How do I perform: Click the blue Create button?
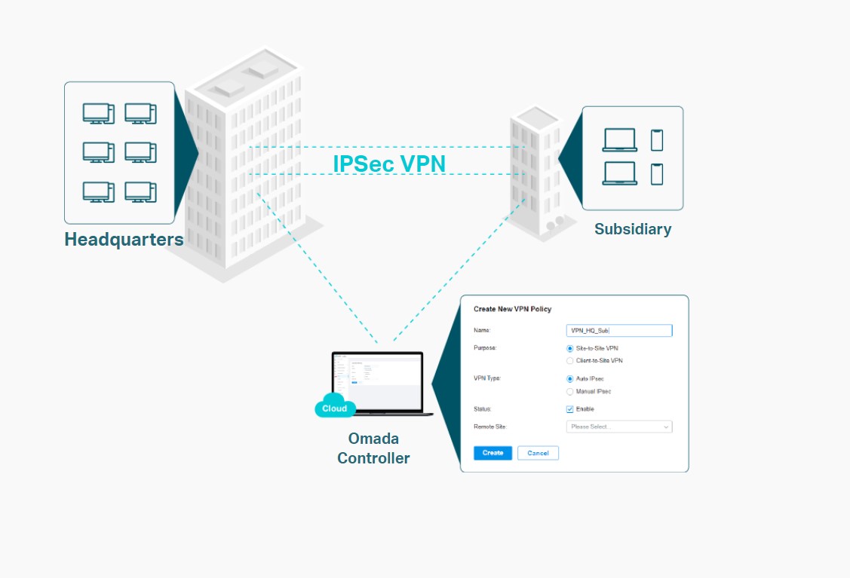pos(493,453)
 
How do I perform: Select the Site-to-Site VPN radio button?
pos(570,348)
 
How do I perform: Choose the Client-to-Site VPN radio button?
pos(570,361)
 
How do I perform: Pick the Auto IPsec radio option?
pos(570,378)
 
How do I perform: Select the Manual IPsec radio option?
pos(570,392)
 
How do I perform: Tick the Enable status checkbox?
pos(570,409)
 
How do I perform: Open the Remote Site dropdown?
pos(618,427)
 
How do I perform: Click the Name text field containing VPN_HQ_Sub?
pos(618,331)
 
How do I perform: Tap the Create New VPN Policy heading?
pos(512,309)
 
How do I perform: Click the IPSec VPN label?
pos(389,164)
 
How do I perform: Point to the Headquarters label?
pos(124,240)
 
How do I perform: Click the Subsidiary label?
pos(633,229)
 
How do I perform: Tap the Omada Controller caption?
pos(373,448)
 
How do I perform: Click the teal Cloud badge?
pos(334,408)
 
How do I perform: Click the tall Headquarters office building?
pos(241,166)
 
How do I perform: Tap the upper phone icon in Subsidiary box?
pos(657,140)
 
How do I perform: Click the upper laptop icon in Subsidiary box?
pos(619,140)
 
